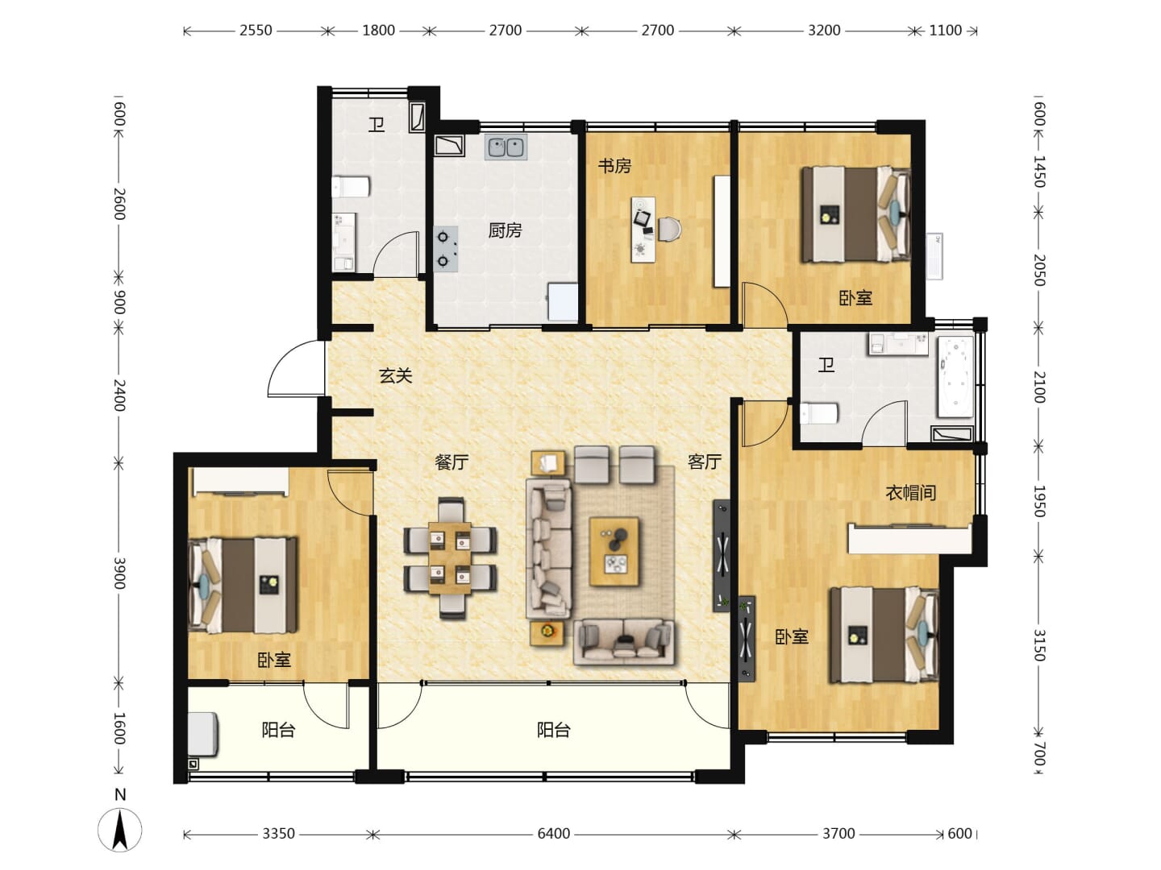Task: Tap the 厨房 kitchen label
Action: tap(505, 230)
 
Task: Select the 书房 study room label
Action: tap(614, 166)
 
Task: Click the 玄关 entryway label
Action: tap(395, 376)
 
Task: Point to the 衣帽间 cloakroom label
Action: tap(911, 493)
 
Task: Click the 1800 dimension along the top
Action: tap(378, 31)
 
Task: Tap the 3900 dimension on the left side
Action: tap(119, 573)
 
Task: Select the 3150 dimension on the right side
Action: tap(1039, 645)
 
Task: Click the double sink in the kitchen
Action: tap(506, 147)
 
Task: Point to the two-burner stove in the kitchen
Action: tap(445, 249)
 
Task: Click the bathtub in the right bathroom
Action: tap(955, 377)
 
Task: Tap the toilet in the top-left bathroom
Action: tap(350, 187)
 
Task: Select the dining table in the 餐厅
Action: tap(450, 557)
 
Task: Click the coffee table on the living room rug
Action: tap(614, 552)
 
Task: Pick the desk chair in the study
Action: tap(669, 230)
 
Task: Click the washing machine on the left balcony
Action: tap(203, 734)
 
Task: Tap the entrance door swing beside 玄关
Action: tap(296, 368)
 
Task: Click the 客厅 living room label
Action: tap(704, 462)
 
